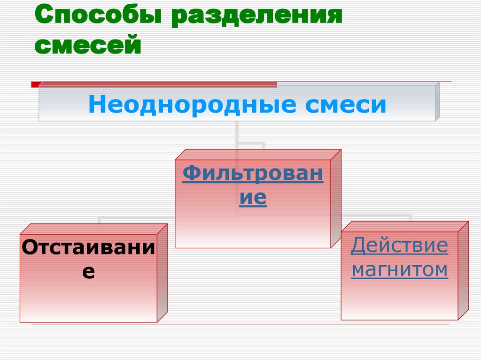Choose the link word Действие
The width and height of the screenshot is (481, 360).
pos(399,245)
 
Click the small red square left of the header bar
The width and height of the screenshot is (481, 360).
pos(35,84)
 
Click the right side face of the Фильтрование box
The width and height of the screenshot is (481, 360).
pos(336,199)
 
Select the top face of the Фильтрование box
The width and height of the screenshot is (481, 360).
pos(258,155)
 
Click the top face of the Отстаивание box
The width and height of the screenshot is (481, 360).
pos(94,229)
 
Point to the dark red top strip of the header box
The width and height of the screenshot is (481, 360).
pos(160,84)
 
